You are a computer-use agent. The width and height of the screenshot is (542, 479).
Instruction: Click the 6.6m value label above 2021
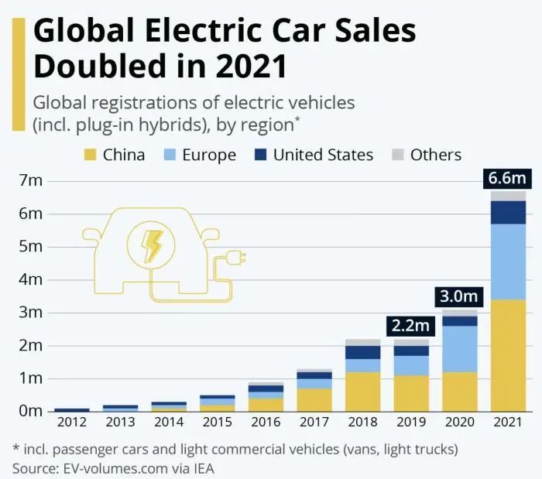click(507, 179)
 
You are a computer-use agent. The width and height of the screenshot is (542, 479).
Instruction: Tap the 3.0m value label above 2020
click(459, 296)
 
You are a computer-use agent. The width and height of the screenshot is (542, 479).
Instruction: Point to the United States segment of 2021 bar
click(508, 212)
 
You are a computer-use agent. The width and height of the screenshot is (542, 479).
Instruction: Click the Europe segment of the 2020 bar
click(460, 349)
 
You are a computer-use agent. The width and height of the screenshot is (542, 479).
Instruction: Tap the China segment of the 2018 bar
click(363, 392)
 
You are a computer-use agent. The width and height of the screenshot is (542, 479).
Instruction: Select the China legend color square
click(89, 155)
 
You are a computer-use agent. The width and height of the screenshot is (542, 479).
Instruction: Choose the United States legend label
click(323, 155)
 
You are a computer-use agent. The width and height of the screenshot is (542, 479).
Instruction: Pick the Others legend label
click(436, 155)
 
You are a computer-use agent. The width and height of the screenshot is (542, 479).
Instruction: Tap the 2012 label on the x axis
click(72, 423)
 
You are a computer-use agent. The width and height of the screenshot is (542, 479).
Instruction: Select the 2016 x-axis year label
click(266, 423)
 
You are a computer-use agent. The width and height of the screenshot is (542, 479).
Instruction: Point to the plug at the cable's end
click(235, 256)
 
